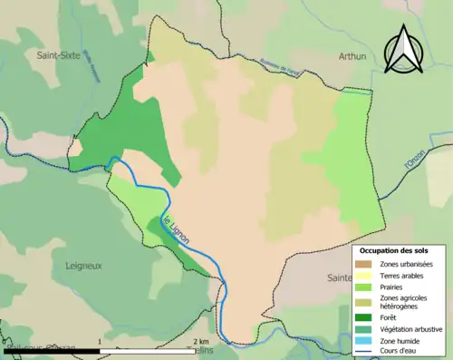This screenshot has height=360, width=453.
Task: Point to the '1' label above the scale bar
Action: [98, 341]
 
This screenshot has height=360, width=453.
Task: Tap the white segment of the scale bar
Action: [146, 349]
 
